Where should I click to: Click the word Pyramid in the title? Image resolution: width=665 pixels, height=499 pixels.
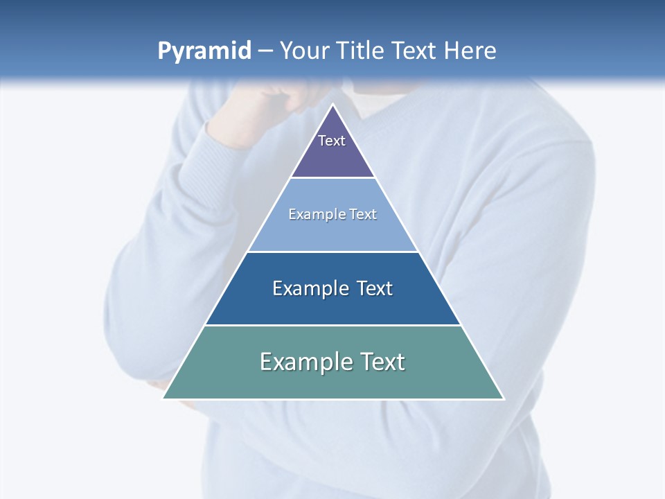point(204,51)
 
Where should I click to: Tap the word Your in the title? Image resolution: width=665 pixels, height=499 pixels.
point(304,51)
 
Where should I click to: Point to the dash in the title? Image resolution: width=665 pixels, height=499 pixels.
point(265,51)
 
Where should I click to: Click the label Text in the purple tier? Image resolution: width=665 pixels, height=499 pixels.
point(332,141)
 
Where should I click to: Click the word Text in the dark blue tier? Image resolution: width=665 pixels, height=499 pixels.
point(375,288)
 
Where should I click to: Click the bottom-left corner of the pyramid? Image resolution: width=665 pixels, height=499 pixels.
point(163,399)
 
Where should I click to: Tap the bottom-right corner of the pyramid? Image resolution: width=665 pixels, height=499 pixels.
point(504,399)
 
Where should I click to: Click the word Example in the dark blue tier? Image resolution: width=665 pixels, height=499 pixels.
point(310,288)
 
